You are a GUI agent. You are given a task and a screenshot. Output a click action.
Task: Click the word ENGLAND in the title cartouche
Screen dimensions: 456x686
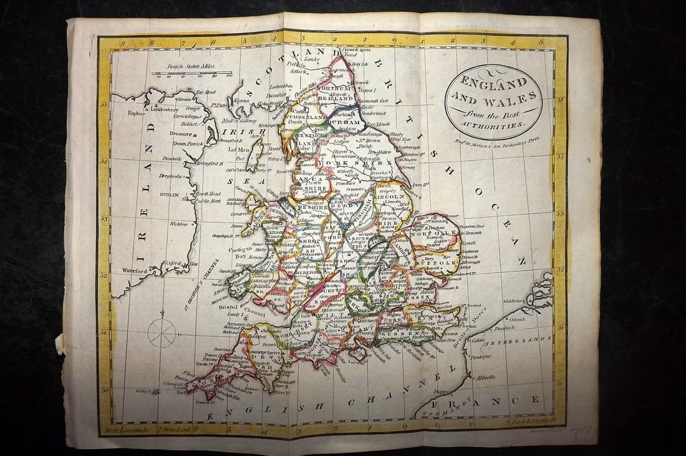coord(493,82)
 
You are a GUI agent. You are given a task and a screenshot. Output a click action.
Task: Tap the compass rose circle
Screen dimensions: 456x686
coord(162,332)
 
